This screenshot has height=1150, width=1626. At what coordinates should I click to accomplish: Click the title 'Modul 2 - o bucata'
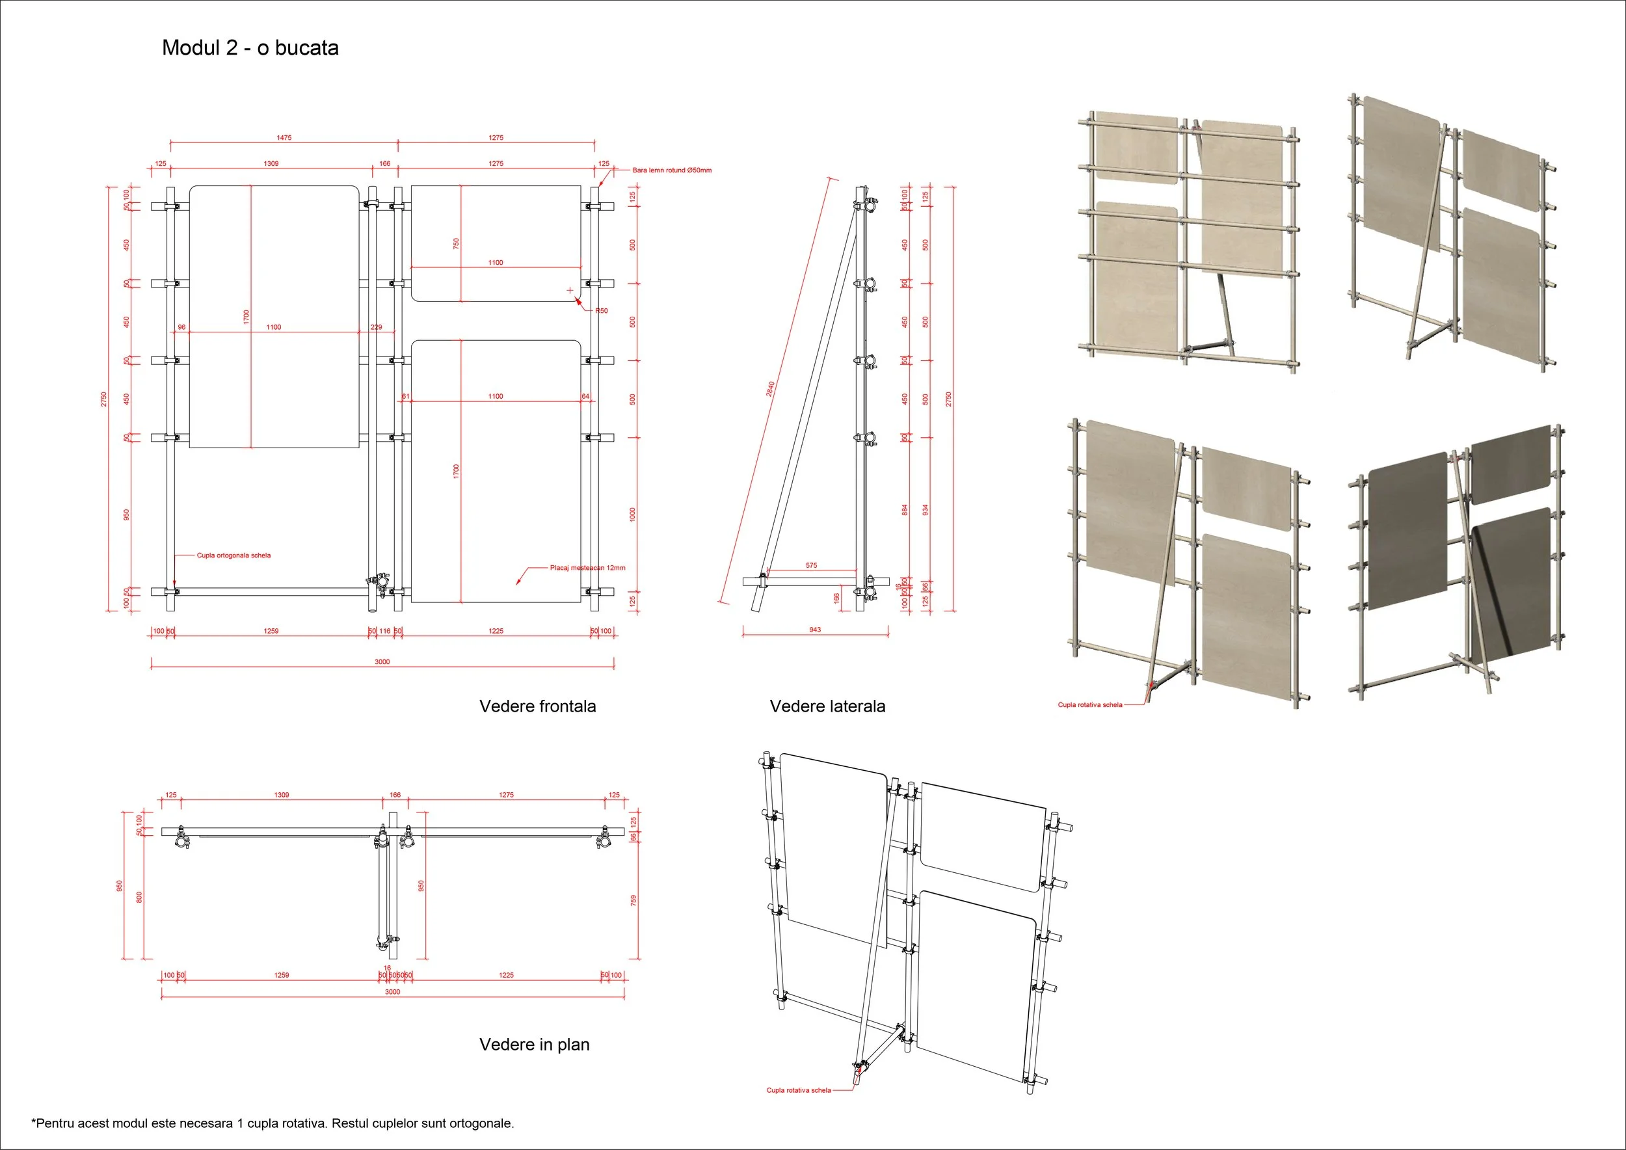tap(250, 48)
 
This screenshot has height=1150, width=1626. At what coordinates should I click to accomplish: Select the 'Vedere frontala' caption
tap(537, 706)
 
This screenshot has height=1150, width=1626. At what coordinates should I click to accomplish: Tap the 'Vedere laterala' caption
tap(827, 706)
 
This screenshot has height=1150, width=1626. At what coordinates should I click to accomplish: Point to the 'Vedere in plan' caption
tap(534, 1045)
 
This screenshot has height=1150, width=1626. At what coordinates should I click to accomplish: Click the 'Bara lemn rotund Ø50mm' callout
tap(671, 170)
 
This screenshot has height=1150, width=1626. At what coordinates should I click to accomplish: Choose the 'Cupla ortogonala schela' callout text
tap(233, 555)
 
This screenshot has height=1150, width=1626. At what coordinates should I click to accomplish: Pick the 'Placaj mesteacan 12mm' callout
tap(587, 568)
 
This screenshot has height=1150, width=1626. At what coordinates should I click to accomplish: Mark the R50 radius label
tap(601, 311)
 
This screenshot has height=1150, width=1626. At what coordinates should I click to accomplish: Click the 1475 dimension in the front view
tap(284, 138)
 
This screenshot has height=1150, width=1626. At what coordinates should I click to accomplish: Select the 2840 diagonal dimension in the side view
tap(771, 389)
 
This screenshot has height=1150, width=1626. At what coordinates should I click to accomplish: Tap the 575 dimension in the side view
tap(812, 565)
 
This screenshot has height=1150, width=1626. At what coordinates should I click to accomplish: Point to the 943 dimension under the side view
tap(815, 630)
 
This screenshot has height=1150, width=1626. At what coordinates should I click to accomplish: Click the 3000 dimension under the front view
tap(382, 662)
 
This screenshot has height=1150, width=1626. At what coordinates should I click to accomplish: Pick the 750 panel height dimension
tap(456, 243)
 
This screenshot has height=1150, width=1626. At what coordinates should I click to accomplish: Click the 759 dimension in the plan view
tap(633, 900)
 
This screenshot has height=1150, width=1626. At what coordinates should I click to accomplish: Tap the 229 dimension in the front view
tap(376, 327)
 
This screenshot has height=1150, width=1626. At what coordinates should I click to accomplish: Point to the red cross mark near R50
tap(570, 290)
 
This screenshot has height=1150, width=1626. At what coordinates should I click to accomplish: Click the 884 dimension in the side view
tap(904, 510)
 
